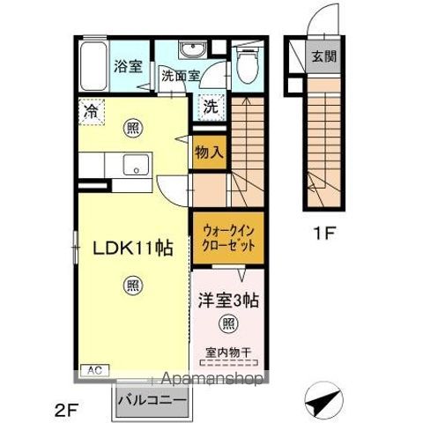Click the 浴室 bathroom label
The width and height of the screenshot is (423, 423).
tap(128, 66)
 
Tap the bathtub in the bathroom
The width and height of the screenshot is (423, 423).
tap(93, 66)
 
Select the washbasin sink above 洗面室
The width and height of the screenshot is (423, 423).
tap(193, 48)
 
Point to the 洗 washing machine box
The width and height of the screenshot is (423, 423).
tap(211, 108)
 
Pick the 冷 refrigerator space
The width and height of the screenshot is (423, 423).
tap(92, 112)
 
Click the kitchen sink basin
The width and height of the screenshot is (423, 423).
tap(136, 165)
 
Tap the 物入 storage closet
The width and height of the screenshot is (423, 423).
tap(210, 152)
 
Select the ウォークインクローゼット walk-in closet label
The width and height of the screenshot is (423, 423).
tap(228, 238)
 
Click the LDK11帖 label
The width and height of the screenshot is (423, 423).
tap(132, 249)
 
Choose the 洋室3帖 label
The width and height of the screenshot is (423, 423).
tap(228, 301)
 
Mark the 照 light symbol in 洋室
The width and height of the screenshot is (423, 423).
tap(228, 323)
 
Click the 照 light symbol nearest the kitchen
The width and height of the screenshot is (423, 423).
tap(133, 128)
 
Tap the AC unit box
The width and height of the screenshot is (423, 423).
tap(95, 370)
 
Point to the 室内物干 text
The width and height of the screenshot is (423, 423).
tap(228, 352)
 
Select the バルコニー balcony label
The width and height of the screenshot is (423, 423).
tap(152, 400)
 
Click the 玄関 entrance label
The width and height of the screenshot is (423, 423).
tap(323, 56)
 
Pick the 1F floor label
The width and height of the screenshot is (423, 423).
tap(324, 234)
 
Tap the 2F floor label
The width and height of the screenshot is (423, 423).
tap(67, 410)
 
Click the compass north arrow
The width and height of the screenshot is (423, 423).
tap(323, 400)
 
